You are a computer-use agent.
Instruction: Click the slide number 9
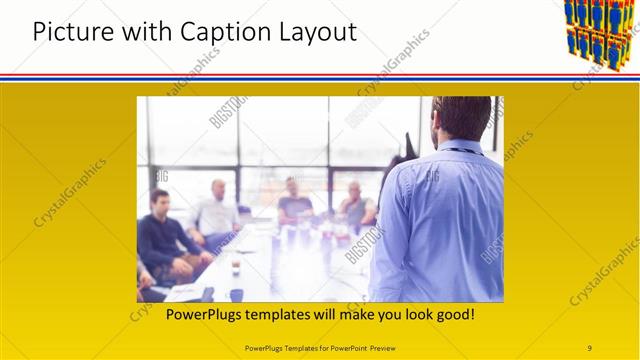589,348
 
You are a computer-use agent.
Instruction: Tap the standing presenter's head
463,118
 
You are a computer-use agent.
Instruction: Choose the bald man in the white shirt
216,212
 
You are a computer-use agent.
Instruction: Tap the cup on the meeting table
236,267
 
